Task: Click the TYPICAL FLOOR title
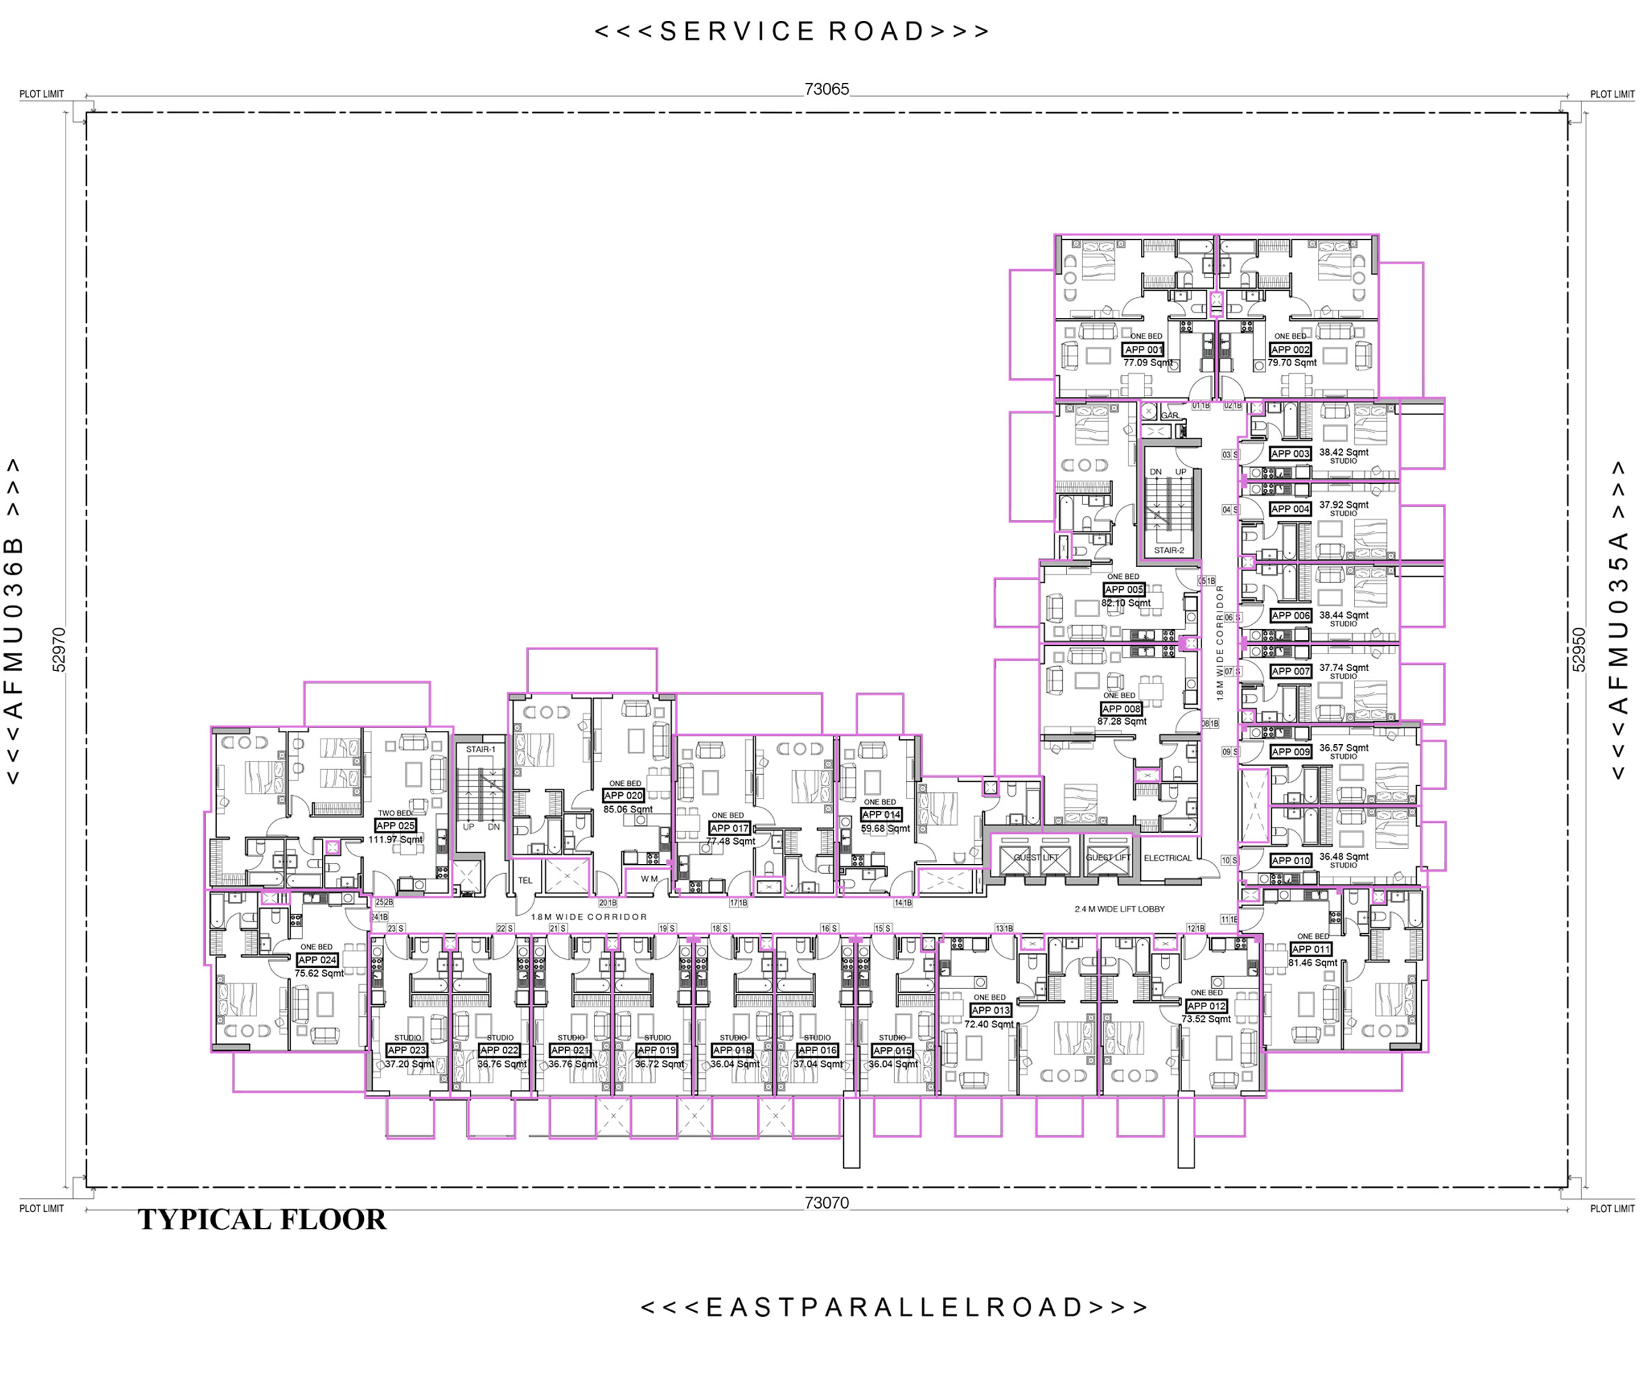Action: tap(262, 1220)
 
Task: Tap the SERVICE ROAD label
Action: tap(791, 31)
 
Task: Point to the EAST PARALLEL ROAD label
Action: tap(893, 1307)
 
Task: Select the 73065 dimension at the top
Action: tap(827, 89)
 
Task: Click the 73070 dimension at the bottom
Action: tap(827, 1202)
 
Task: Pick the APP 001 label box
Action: tap(1144, 349)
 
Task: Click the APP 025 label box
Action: tap(396, 825)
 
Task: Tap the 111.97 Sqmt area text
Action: tap(396, 840)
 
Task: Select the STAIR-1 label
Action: tap(481, 750)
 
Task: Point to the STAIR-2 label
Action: tap(1169, 550)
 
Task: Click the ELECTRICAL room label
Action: tap(1167, 858)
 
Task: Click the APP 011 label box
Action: tap(1310, 949)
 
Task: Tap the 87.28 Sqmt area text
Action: tap(1121, 721)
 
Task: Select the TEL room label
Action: tap(525, 880)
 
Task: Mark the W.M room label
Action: tap(649, 879)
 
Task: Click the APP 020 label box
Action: tap(623, 796)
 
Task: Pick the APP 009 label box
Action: tap(1290, 752)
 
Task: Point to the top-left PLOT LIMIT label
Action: tap(41, 94)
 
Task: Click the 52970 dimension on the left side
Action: tap(59, 649)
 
